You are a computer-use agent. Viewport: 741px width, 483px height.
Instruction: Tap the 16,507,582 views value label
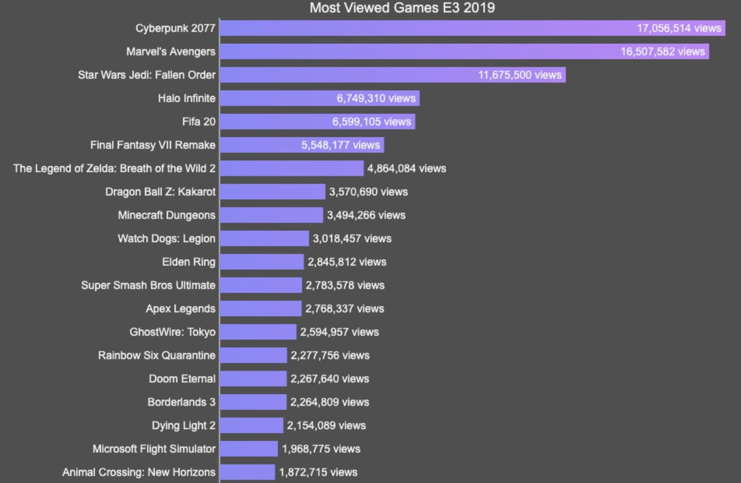tap(663, 52)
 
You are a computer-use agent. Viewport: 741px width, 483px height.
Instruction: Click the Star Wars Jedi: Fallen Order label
tap(146, 75)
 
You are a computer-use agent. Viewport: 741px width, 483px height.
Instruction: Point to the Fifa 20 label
tap(199, 122)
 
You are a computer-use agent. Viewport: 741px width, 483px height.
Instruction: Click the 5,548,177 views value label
tap(340, 145)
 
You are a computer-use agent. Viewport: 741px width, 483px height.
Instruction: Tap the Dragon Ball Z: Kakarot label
tap(161, 191)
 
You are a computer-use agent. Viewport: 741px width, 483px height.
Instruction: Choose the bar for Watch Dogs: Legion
tap(264, 238)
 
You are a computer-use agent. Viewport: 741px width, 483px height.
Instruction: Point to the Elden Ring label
tap(189, 262)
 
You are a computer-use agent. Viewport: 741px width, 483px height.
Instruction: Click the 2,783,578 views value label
tap(345, 285)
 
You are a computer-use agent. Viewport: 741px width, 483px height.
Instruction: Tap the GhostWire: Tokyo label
tap(172, 332)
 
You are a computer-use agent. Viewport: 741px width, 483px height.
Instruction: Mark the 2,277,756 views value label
tap(330, 355)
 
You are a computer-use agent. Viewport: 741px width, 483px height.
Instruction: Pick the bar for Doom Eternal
tap(253, 379)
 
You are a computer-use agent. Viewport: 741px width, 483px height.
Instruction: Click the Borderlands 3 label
tap(182, 402)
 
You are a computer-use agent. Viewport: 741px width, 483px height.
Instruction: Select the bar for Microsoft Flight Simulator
tap(249, 448)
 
